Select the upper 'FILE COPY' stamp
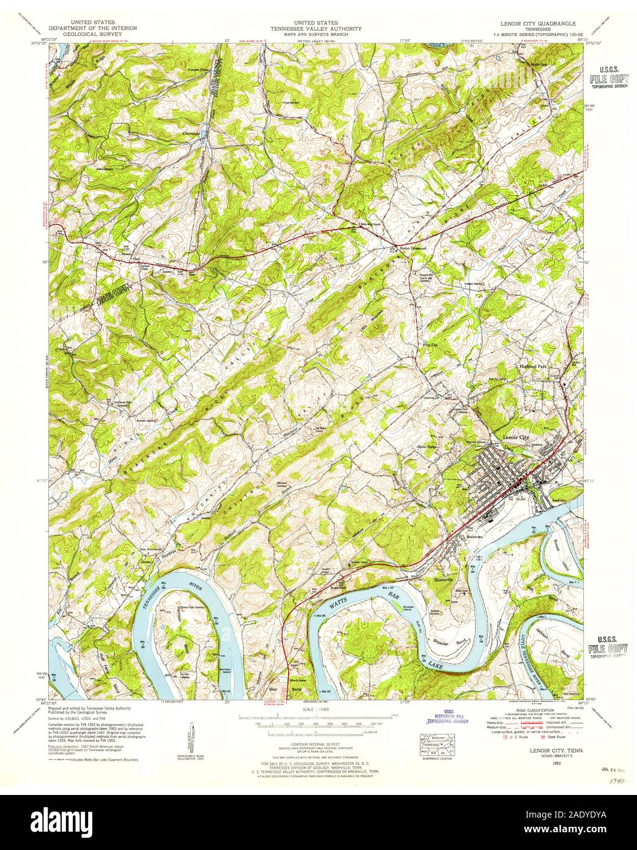[608, 79]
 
